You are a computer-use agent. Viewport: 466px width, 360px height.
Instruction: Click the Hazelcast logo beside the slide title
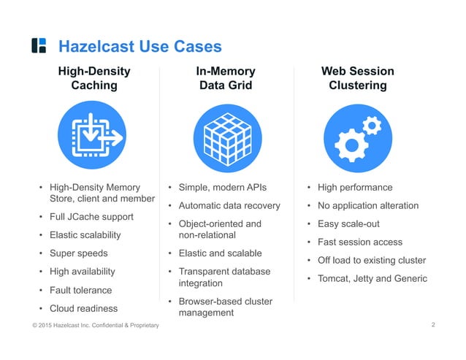pos(39,46)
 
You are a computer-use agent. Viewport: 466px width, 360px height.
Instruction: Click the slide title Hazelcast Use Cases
pos(139,47)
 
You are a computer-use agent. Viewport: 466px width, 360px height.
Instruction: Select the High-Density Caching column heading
pos(94,78)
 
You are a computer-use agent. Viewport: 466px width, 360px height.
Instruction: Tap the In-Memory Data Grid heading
pos(226,78)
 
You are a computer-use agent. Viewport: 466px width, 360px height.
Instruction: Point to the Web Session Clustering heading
pos(357,78)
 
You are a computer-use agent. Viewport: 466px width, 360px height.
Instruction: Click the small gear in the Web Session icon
pos(372,126)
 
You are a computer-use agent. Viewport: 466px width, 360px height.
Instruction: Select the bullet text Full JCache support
pos(91,217)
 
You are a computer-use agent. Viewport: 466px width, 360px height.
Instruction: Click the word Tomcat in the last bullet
pos(335,278)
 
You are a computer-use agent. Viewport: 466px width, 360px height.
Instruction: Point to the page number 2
pos(433,323)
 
